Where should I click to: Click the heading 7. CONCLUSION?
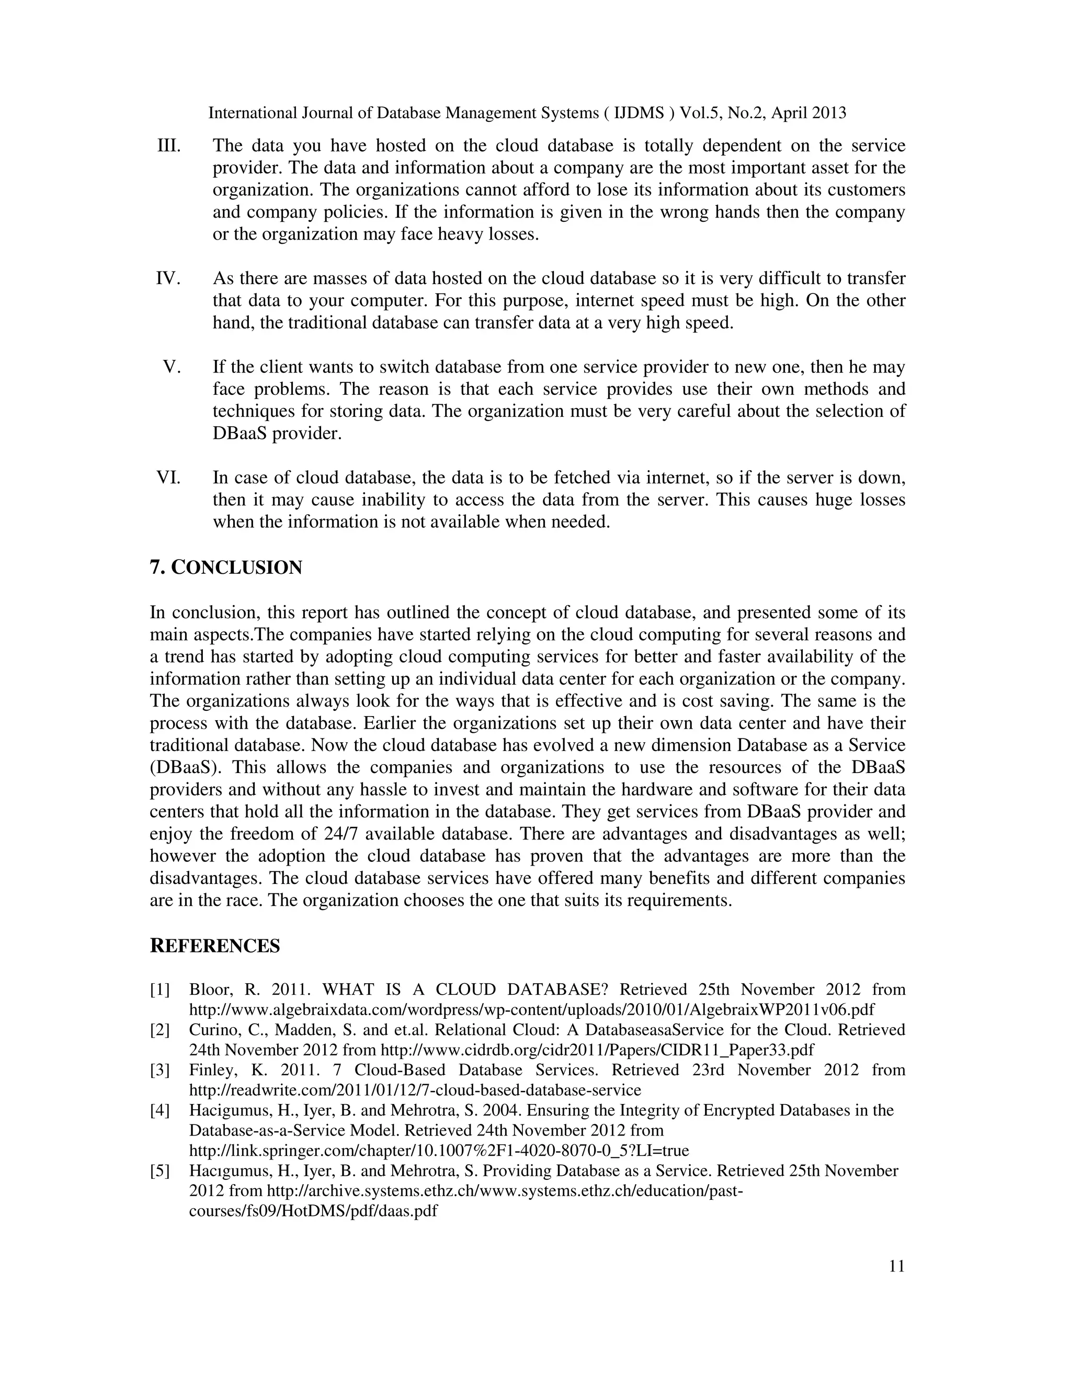click(x=226, y=567)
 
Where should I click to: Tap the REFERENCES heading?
click(x=214, y=946)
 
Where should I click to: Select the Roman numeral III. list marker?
click(x=169, y=146)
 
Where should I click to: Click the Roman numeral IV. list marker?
click(x=169, y=279)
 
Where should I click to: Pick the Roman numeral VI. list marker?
click(x=169, y=477)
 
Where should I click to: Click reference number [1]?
click(x=160, y=990)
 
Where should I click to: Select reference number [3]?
click(x=160, y=1070)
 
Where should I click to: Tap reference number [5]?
click(x=160, y=1171)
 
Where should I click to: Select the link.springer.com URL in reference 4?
click(x=439, y=1151)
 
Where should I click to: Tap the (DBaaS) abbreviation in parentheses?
click(x=184, y=767)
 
